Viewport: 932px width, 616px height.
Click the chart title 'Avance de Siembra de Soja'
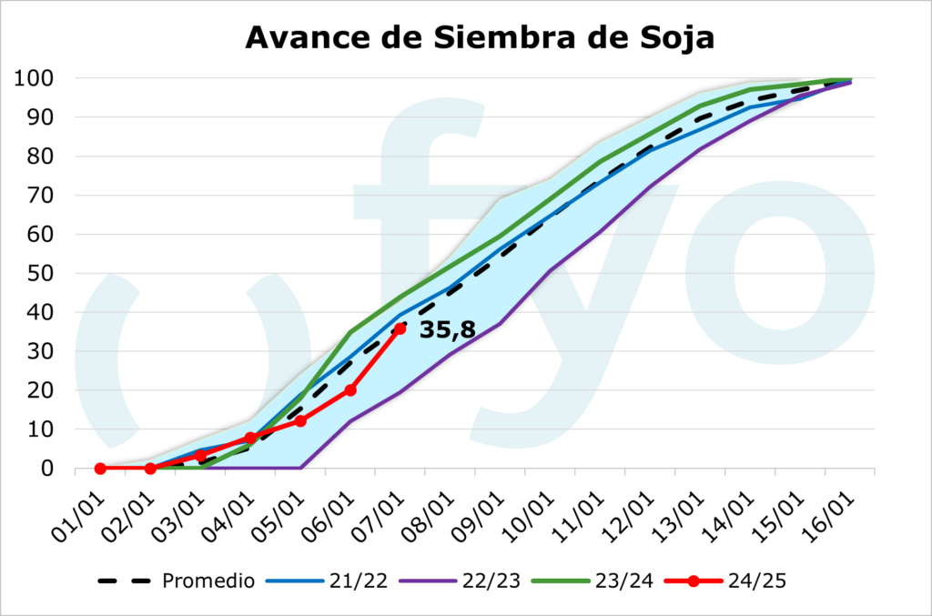pos(480,37)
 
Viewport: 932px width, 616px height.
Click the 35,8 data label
pos(447,329)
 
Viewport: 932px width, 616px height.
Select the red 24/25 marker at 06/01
pos(350,390)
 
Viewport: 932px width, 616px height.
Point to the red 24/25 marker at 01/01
pos(100,469)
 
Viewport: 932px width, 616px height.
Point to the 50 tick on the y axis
pos(35,273)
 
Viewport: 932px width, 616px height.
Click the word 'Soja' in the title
pos(669,37)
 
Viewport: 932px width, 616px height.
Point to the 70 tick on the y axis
pos(35,195)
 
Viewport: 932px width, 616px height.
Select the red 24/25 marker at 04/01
pos(250,439)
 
